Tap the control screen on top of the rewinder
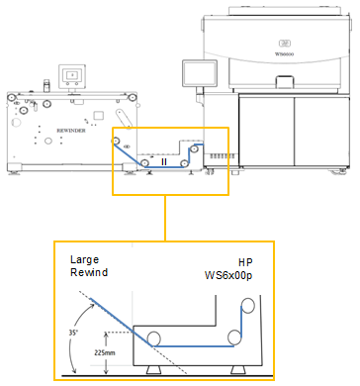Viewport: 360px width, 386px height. [x=71, y=75]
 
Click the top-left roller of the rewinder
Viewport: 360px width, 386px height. [x=11, y=99]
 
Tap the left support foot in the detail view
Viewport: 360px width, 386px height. [x=154, y=369]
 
